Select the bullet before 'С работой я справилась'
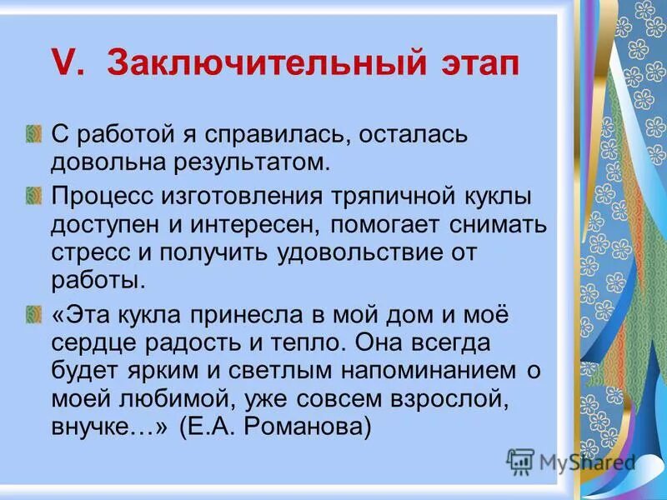pyautogui.click(x=33, y=133)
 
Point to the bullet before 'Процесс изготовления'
pyautogui.click(x=33, y=196)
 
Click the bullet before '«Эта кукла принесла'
pyautogui.click(x=33, y=314)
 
